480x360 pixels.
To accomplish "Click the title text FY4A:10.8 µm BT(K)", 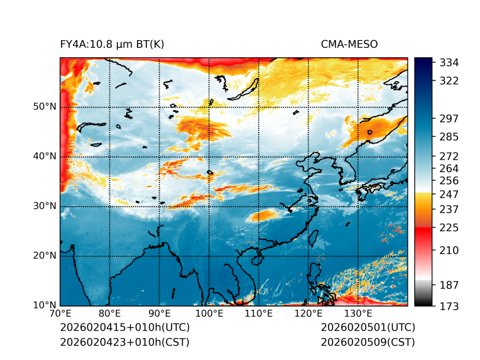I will coord(112,44).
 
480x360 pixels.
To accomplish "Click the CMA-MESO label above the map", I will coord(349,44).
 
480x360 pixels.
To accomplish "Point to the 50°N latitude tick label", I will coord(44,107).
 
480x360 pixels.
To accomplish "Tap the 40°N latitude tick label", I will coord(44,156).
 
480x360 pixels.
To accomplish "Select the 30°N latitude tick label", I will coord(44,206).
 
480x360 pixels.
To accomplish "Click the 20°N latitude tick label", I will coord(44,256).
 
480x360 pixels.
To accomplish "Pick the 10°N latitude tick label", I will coord(44,305).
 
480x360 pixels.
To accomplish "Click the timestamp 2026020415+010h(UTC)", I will coord(124,327).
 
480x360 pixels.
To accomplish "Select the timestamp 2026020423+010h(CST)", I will coord(124,342).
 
